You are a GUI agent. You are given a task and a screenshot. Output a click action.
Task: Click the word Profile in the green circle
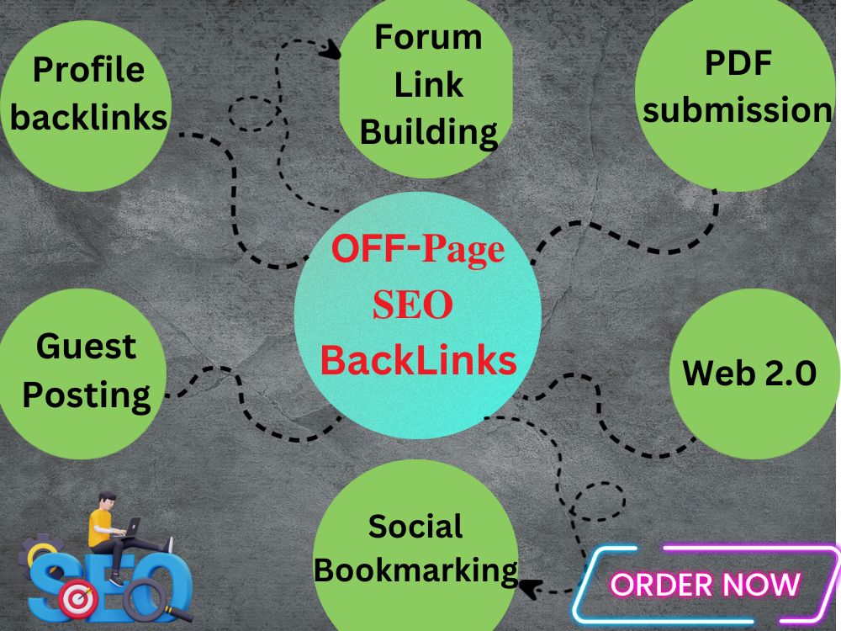tap(88, 71)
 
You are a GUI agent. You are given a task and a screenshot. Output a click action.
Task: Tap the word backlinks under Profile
tap(88, 117)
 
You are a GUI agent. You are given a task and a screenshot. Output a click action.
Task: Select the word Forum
tap(428, 37)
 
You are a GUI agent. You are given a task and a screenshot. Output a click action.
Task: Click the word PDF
tap(738, 63)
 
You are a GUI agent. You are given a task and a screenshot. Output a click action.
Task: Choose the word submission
tap(737, 110)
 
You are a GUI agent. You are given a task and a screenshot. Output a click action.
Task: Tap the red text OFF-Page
tap(418, 249)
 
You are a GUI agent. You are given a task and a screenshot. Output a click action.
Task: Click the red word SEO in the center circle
tap(412, 305)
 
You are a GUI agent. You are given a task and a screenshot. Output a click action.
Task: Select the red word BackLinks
tap(418, 360)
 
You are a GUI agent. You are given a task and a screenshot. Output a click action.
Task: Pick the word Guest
tap(86, 346)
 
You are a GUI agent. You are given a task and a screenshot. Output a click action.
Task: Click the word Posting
tap(87, 396)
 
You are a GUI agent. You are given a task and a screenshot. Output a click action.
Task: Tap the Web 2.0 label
tap(749, 373)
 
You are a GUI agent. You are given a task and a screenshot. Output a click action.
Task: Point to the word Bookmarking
tap(415, 570)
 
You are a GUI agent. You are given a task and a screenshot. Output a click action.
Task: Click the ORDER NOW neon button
tap(706, 585)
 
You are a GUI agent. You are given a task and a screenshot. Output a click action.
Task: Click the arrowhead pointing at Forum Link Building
tap(331, 50)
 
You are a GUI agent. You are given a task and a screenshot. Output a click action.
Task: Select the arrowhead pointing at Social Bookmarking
tap(531, 588)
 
